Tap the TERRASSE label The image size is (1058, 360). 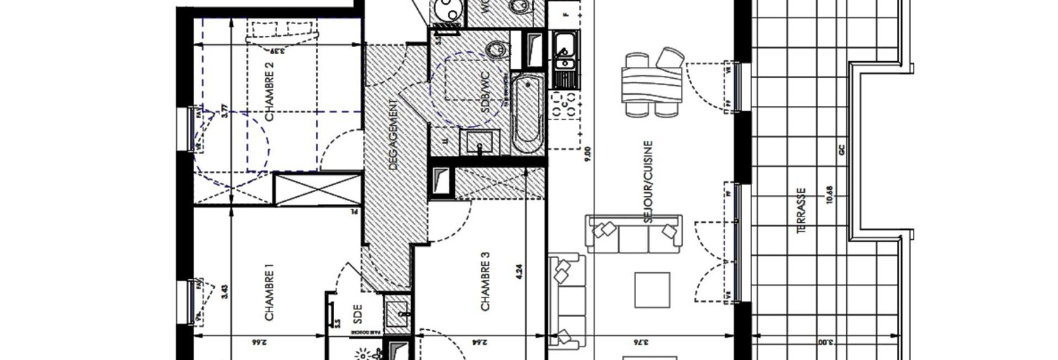pyautogui.click(x=803, y=210)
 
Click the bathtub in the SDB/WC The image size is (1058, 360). pyautogui.click(x=526, y=114)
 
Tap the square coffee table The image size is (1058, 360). pyautogui.click(x=653, y=290)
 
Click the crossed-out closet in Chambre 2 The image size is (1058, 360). pyautogui.click(x=317, y=188)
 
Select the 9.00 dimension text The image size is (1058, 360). pyautogui.click(x=587, y=154)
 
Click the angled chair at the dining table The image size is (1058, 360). pyautogui.click(x=671, y=58)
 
